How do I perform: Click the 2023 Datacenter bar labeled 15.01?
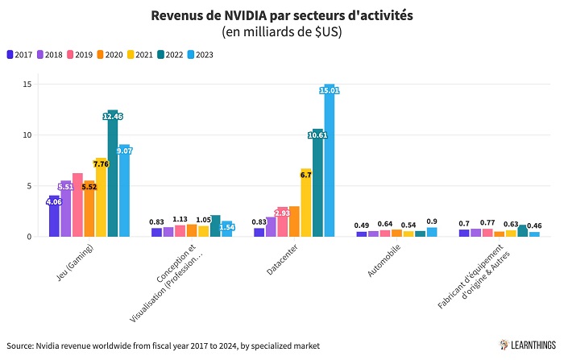pyautogui.click(x=329, y=161)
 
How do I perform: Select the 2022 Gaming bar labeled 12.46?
pyautogui.click(x=112, y=173)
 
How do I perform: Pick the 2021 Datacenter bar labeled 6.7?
pyautogui.click(x=306, y=202)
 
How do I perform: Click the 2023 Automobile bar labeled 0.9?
pyautogui.click(x=432, y=232)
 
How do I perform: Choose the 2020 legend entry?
pyautogui.click(x=111, y=55)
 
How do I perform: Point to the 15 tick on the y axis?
pyautogui.click(x=27, y=84)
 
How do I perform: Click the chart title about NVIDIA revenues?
pyautogui.click(x=282, y=16)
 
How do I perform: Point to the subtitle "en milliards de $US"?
pyautogui.click(x=282, y=32)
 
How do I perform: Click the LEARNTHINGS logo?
pyautogui.click(x=528, y=345)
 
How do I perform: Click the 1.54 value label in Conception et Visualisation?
pyautogui.click(x=226, y=228)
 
